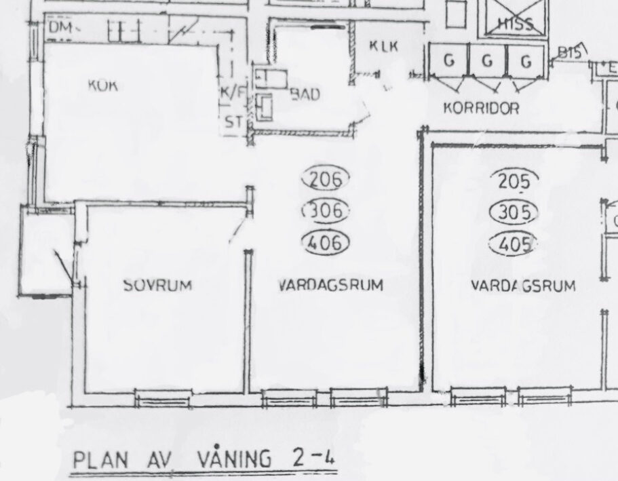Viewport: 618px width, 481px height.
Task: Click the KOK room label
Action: pyautogui.click(x=102, y=85)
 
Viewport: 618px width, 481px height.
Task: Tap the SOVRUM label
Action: pyautogui.click(x=158, y=286)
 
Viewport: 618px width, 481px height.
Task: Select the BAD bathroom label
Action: pyautogui.click(x=305, y=95)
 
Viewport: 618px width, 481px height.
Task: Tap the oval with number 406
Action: pyautogui.click(x=324, y=242)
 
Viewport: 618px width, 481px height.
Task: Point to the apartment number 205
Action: pyautogui.click(x=514, y=181)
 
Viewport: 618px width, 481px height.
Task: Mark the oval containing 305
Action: pyautogui.click(x=514, y=212)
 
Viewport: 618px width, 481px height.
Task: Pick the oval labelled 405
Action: pyautogui.click(x=514, y=242)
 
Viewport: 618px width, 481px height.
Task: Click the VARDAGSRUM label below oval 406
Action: pyautogui.click(x=330, y=286)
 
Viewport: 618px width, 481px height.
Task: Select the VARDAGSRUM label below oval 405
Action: pyautogui.click(x=523, y=286)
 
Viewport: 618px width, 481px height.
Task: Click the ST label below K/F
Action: pyautogui.click(x=233, y=123)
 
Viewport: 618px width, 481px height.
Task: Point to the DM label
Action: pyautogui.click(x=60, y=27)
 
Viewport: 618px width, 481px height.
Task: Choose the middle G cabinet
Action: pyautogui.click(x=487, y=61)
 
